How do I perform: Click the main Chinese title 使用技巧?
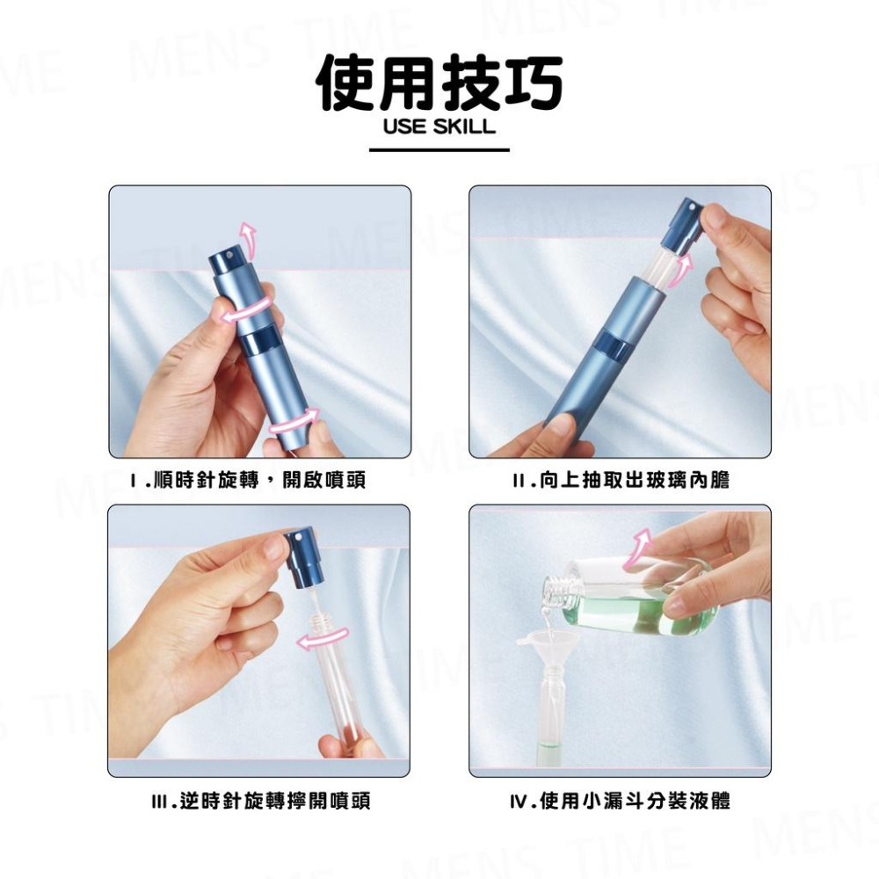439,84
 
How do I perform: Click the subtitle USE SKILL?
439,127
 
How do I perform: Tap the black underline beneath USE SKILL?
439,150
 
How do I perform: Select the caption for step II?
621,480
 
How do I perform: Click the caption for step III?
260,800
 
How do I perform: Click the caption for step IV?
621,800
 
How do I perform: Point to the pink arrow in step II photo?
679,270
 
